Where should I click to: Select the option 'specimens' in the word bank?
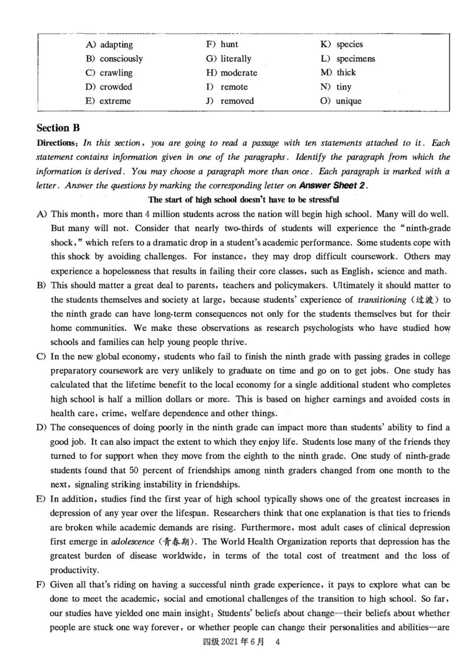tap(355, 58)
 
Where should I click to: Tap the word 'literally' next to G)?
tap(236, 58)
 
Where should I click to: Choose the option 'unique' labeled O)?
tap(349, 101)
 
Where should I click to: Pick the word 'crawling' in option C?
tap(116, 73)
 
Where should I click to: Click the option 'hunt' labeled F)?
tap(230, 44)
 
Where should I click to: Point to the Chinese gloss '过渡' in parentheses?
tap(424, 300)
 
